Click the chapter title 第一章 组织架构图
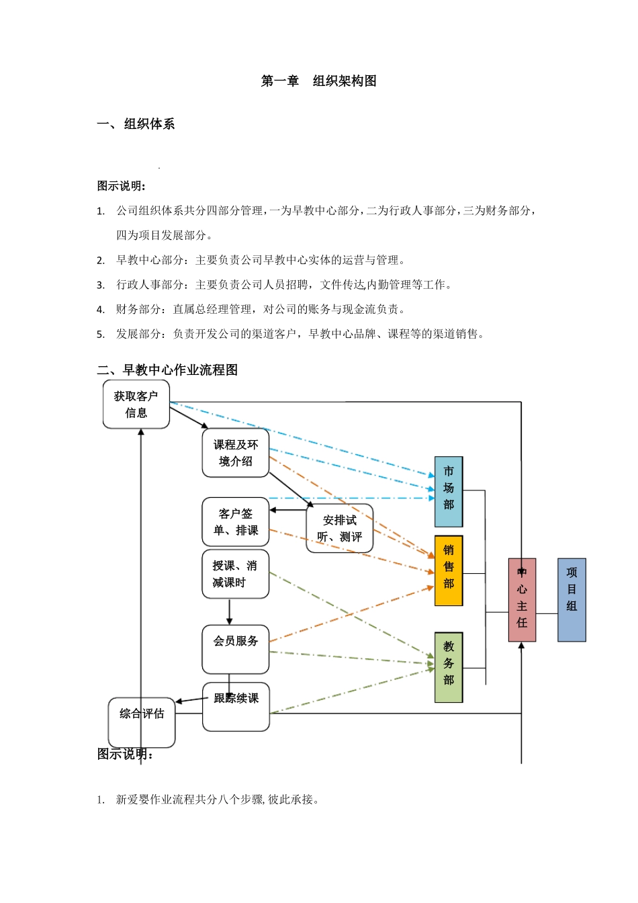click(318, 81)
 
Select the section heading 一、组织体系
click(136, 124)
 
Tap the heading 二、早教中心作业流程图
click(167, 370)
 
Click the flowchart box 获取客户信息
click(136, 404)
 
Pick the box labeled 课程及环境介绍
click(235, 454)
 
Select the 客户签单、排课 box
click(235, 522)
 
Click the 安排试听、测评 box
click(339, 529)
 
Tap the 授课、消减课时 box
click(235, 574)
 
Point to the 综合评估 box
click(142, 722)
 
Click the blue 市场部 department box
click(449, 492)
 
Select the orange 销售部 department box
click(449, 570)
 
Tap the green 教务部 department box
click(449, 667)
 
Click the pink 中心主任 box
click(522, 600)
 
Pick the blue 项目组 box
click(572, 600)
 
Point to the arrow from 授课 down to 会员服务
click(229, 611)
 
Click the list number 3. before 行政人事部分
click(101, 286)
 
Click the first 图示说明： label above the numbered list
click(122, 186)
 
